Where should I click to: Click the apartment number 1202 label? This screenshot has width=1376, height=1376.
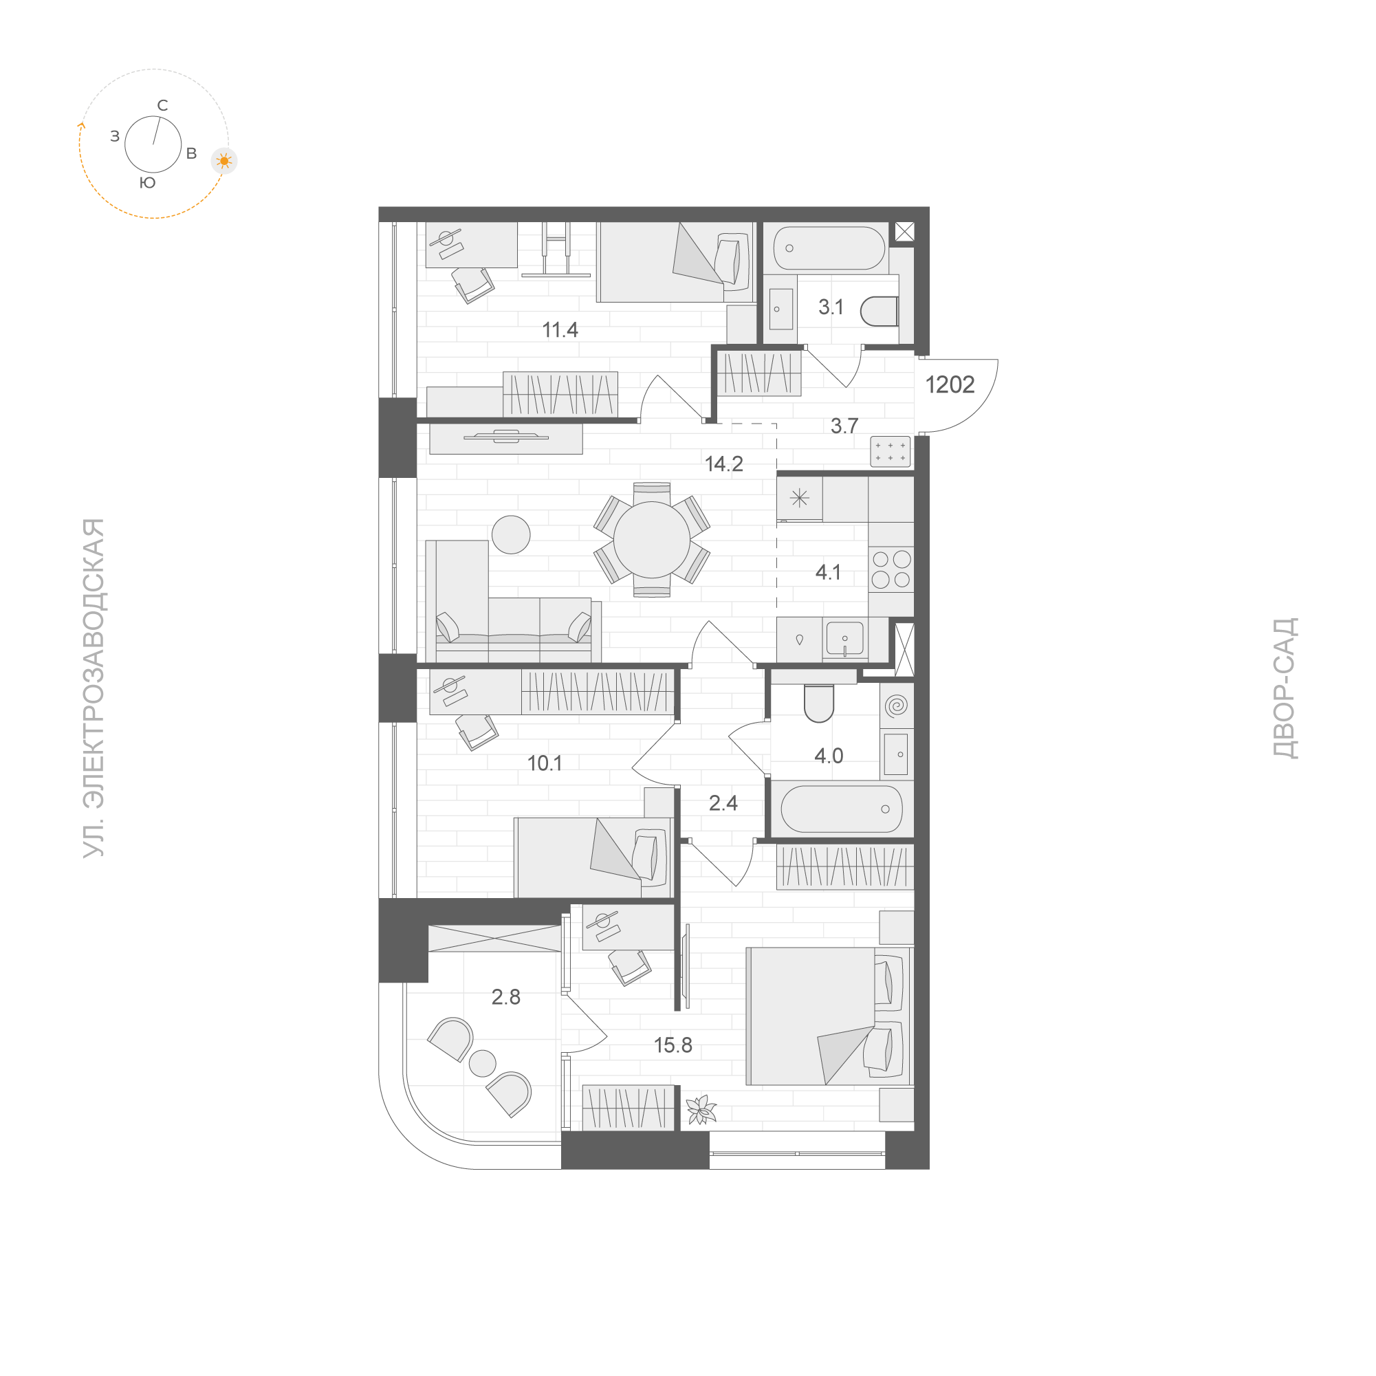click(x=950, y=385)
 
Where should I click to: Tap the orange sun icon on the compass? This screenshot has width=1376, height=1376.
click(x=224, y=162)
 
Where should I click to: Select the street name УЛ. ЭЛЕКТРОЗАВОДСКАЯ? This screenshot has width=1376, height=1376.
click(x=95, y=688)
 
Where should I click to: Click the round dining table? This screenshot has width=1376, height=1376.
click(x=652, y=538)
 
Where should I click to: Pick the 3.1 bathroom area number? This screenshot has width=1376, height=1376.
click(x=831, y=307)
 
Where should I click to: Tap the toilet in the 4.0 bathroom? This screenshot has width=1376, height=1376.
click(x=818, y=703)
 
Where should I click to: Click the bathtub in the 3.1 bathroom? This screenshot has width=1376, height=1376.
click(x=829, y=248)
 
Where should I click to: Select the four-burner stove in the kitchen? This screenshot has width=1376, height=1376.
click(x=891, y=569)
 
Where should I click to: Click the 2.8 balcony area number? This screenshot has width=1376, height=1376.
click(x=505, y=997)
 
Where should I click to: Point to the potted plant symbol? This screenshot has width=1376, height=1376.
click(x=700, y=1109)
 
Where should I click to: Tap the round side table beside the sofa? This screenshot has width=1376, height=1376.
click(x=512, y=534)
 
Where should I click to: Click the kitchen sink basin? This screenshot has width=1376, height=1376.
click(x=844, y=637)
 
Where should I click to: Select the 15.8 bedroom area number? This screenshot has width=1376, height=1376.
click(x=673, y=1045)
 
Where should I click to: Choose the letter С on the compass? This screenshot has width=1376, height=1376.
click(x=162, y=106)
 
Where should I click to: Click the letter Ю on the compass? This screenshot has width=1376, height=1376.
click(x=147, y=183)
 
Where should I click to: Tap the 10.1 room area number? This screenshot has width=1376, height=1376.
click(x=545, y=763)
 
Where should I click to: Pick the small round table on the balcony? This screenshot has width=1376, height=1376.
click(x=482, y=1063)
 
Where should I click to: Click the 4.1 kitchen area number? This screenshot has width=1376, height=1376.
click(x=829, y=572)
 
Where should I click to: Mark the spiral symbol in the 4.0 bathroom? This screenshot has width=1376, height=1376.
click(x=897, y=706)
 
